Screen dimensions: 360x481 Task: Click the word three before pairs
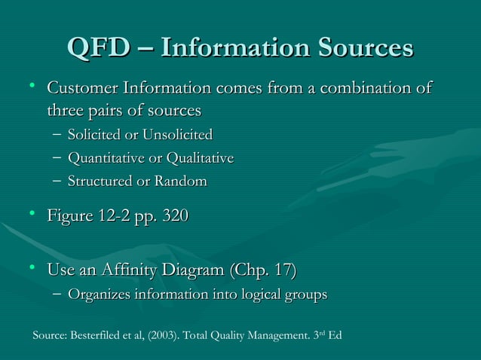pos(66,111)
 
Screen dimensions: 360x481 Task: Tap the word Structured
pos(97,182)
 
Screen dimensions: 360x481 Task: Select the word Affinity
pos(130,270)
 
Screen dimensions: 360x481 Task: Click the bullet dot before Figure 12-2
pos(34,215)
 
